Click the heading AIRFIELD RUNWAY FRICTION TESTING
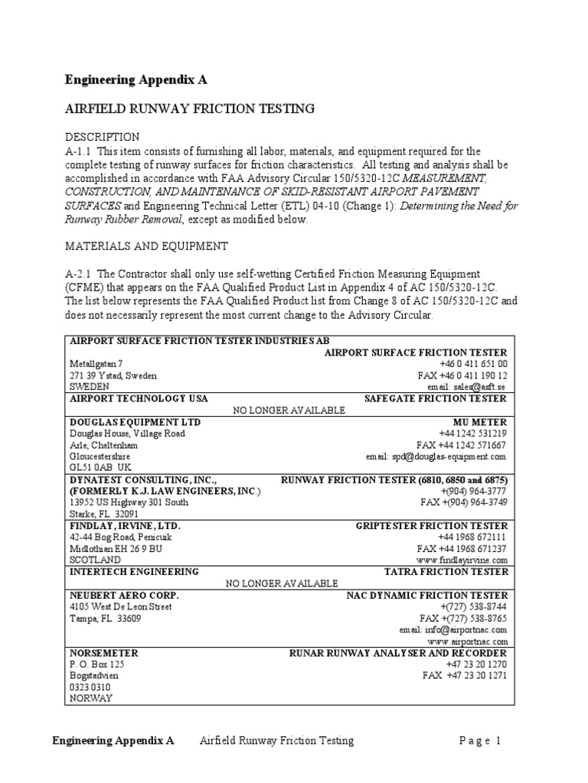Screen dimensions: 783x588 [x=189, y=109]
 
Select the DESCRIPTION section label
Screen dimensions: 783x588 [x=102, y=138]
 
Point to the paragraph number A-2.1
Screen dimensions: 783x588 [x=80, y=274]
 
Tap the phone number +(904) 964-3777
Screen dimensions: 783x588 [x=474, y=491]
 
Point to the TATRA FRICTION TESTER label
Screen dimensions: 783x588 [x=445, y=571]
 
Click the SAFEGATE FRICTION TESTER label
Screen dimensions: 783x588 [x=435, y=399]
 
